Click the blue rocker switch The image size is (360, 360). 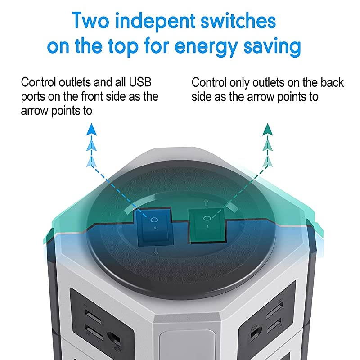[154, 227]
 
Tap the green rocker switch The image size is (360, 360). [207, 226]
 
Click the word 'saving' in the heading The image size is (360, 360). [272, 47]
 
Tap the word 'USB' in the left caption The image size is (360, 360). [140, 82]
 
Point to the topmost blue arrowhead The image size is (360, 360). [92, 130]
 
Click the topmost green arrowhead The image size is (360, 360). [268, 130]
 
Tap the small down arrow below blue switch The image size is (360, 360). [156, 251]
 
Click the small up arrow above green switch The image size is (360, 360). [206, 203]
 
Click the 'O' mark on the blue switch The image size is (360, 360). [154, 220]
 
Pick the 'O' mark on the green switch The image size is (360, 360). [207, 218]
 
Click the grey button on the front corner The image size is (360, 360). [187, 344]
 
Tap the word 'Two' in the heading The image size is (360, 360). [90, 21]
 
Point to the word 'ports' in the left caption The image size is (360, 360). [33, 97]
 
